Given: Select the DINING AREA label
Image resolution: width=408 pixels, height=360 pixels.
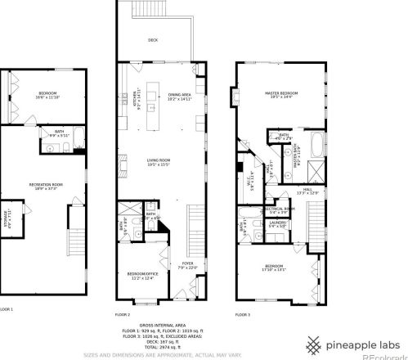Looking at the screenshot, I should pos(180,97).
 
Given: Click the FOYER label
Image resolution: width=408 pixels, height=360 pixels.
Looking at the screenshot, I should pos(187,264).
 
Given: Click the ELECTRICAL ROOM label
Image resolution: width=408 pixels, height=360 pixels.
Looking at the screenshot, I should pos(278,210).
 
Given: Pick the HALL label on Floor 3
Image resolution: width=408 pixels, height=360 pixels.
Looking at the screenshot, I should pos(307,191).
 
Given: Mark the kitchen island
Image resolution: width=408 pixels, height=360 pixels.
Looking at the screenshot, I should pos(153,110).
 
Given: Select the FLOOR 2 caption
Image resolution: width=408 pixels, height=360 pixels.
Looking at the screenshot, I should pos(123,314).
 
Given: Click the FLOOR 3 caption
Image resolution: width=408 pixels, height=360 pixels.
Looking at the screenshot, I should pos(243,314).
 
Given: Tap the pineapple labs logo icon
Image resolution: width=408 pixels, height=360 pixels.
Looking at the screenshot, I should pos(314,344).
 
